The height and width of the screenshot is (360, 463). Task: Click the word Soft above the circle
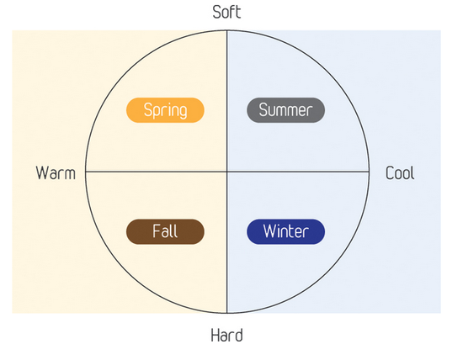pos(226,12)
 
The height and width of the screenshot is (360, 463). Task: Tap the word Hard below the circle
pos(226,336)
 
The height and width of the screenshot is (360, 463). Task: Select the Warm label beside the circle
pos(56,173)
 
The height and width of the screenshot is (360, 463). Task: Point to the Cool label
pos(400,173)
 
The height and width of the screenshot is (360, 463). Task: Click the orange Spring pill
pos(165,110)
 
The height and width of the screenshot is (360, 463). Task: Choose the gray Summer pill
pos(286,110)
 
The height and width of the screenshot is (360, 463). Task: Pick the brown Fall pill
pos(165,231)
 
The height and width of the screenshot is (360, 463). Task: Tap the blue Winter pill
pos(286,231)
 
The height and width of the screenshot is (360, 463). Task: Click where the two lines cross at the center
pos(226,171)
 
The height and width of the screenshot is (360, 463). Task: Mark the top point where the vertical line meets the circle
pos(226,30)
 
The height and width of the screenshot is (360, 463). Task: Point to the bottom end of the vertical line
pos(226,313)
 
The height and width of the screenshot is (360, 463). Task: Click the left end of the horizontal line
pos(86,171)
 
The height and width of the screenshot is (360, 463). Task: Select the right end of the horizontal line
pos(369,171)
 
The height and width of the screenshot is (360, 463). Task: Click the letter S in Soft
pos(216,13)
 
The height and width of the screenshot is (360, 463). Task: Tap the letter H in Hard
pos(215,336)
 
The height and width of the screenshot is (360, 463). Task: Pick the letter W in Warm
pos(42,173)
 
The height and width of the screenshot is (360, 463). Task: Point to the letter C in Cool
pos(390,173)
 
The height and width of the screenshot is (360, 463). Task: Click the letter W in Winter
pos(270,231)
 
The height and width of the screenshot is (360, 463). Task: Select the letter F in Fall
pos(157,231)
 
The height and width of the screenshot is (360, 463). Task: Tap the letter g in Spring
pos(183,113)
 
